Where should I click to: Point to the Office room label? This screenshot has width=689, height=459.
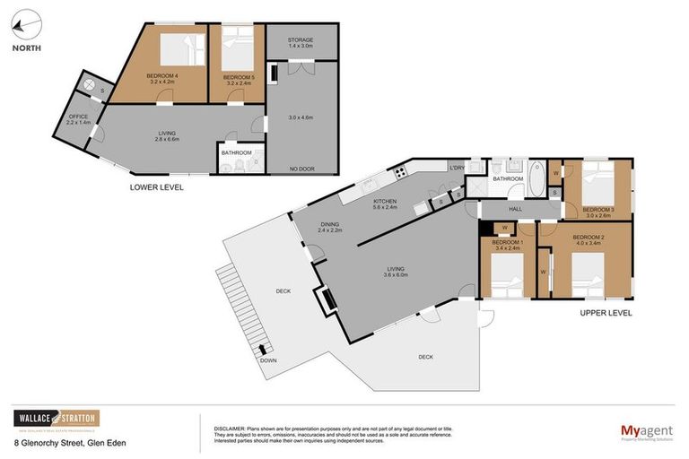pos(78,118)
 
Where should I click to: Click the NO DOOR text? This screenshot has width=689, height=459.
pos(301,169)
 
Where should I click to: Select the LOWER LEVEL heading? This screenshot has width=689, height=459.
pos(157,187)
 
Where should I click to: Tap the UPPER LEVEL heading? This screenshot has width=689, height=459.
pos(606,313)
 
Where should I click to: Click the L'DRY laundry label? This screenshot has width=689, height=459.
pos(456,168)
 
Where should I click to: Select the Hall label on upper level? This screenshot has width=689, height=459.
pos(515,209)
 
